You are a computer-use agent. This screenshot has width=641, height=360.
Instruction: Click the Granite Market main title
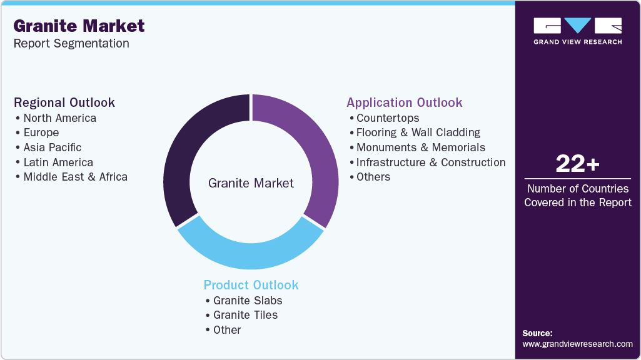click(79, 26)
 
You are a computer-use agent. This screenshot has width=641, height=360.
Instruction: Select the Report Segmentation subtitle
click(71, 43)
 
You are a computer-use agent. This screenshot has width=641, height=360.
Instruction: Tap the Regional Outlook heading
click(64, 102)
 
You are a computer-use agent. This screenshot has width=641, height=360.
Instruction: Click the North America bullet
click(59, 118)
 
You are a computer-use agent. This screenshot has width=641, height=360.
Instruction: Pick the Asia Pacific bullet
click(52, 147)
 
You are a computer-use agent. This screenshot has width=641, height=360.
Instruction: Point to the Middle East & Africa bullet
click(75, 177)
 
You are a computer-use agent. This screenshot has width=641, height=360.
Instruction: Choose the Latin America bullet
click(58, 162)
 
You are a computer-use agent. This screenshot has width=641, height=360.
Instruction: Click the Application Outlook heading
click(405, 102)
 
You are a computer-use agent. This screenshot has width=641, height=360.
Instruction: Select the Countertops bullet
click(388, 118)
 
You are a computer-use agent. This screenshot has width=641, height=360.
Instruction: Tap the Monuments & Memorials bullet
click(421, 147)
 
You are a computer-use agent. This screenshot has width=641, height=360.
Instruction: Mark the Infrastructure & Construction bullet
click(431, 162)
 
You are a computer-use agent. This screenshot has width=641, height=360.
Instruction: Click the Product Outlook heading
click(251, 285)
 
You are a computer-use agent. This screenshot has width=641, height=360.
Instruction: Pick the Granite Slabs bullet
click(248, 301)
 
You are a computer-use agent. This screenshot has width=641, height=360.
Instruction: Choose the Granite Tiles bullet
click(245, 315)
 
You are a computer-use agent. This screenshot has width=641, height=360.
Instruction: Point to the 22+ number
click(577, 164)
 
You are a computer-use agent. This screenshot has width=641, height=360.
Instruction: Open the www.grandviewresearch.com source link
click(577, 344)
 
